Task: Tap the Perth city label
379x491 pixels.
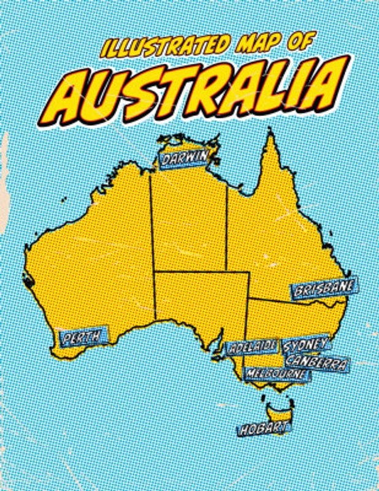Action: [x=82, y=337]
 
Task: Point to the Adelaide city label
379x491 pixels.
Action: [x=253, y=347]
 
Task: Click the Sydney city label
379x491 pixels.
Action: [x=306, y=344]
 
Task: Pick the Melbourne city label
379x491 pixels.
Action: [x=275, y=373]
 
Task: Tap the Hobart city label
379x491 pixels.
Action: [x=262, y=428]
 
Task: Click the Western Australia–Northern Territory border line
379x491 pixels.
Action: [x=151, y=245]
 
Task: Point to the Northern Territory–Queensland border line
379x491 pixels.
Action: [x=228, y=227]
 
